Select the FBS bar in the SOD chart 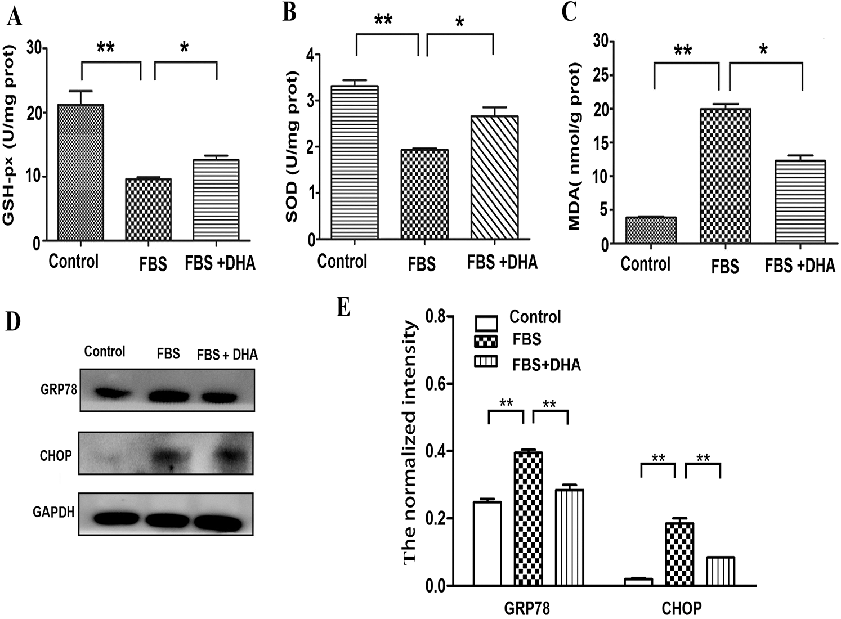coord(424,195)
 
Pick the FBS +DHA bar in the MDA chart coord(800,202)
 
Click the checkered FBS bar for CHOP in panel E coord(679,554)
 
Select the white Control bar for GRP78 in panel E coord(487,544)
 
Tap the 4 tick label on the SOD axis coord(309,55)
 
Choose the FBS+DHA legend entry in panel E coord(546,365)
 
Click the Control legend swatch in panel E coord(486,322)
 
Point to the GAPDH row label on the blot coord(53,512)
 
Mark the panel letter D coord(12,321)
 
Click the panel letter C coord(569,12)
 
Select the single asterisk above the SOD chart coord(460,23)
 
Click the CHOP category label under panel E coord(681,608)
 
